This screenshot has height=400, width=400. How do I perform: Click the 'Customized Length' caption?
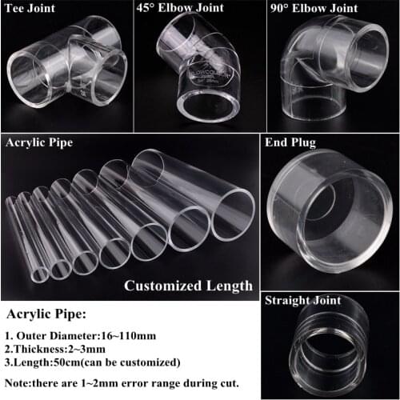point(188,285)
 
